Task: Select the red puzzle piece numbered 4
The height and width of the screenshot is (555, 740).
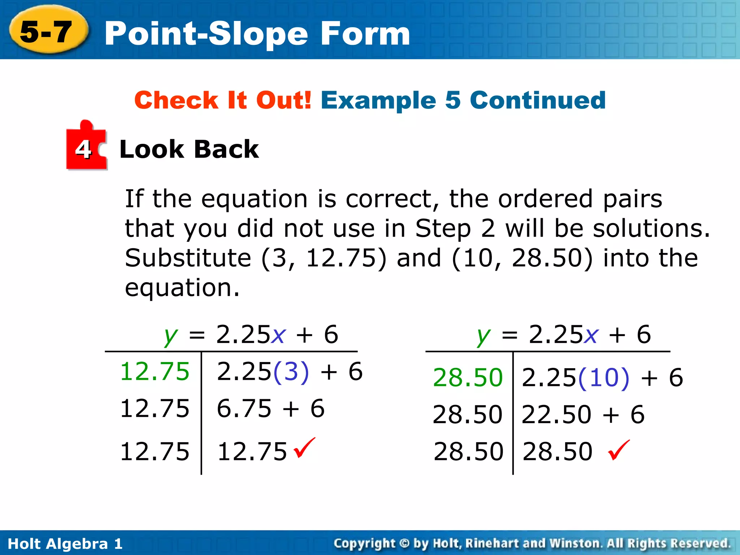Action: [86, 147]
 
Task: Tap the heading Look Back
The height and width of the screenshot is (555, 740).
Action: [189, 149]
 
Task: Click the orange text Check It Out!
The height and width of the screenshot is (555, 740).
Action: [223, 100]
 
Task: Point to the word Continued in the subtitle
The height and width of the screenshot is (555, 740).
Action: [538, 100]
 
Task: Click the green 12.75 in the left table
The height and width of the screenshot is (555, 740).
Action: [155, 371]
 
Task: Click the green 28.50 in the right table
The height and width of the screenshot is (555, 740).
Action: [468, 378]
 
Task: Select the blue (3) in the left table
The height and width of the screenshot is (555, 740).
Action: [291, 371]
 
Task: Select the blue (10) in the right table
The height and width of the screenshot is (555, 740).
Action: [604, 378]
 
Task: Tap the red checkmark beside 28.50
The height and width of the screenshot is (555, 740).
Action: [619, 450]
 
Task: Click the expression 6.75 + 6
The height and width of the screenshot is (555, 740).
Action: [271, 409]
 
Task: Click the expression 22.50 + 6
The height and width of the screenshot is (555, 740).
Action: [583, 414]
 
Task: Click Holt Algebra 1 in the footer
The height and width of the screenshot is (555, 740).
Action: [65, 543]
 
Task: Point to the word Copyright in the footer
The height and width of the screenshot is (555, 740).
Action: [365, 543]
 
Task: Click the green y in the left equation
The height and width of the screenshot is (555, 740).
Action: [171, 335]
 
